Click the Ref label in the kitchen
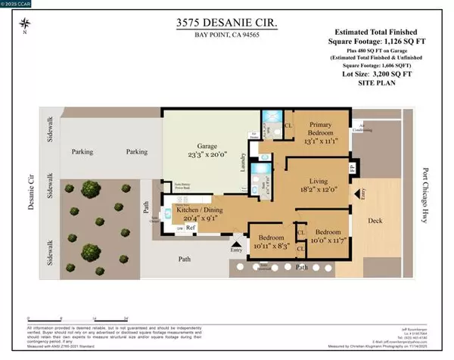[192, 228]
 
